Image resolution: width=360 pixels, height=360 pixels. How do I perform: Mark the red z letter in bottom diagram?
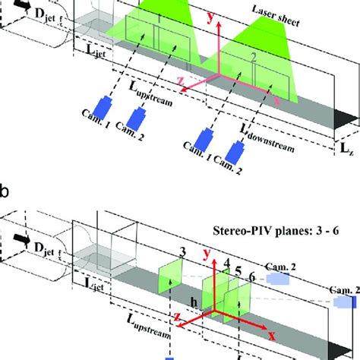click(x=176, y=317)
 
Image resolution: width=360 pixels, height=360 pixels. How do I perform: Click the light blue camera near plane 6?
click(x=277, y=279)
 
